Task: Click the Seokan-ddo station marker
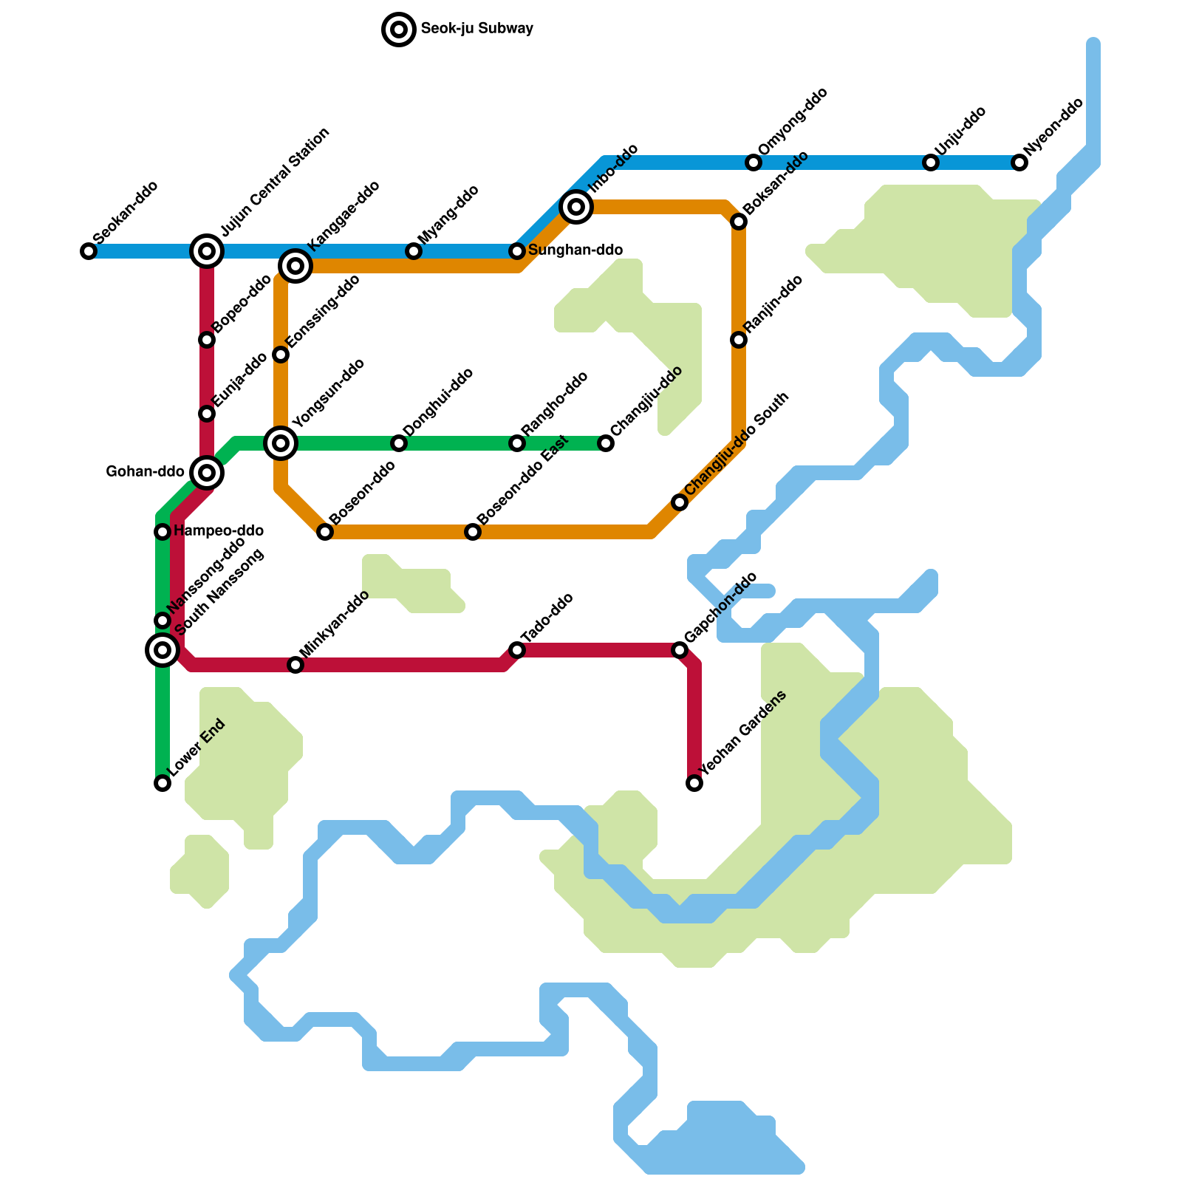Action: coord(89,251)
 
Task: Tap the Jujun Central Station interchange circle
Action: coord(207,251)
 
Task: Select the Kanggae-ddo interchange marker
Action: coord(295,266)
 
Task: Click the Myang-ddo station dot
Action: coord(414,251)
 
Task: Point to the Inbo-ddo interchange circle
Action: coord(576,207)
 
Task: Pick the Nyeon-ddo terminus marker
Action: coord(1019,163)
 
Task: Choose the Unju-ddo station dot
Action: coord(931,163)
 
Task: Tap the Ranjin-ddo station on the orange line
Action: coord(739,340)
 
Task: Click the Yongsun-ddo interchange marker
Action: coord(281,443)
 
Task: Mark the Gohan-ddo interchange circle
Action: coord(207,473)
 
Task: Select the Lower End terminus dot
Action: coord(163,783)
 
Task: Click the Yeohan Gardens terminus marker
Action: coord(694,783)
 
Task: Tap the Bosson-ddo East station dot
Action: coord(473,532)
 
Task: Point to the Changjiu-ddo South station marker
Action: coord(680,502)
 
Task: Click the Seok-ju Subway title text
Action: coord(476,30)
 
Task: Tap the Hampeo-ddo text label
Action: coord(219,531)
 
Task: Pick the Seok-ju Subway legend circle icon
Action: coord(399,30)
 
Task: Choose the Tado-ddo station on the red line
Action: coord(517,650)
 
